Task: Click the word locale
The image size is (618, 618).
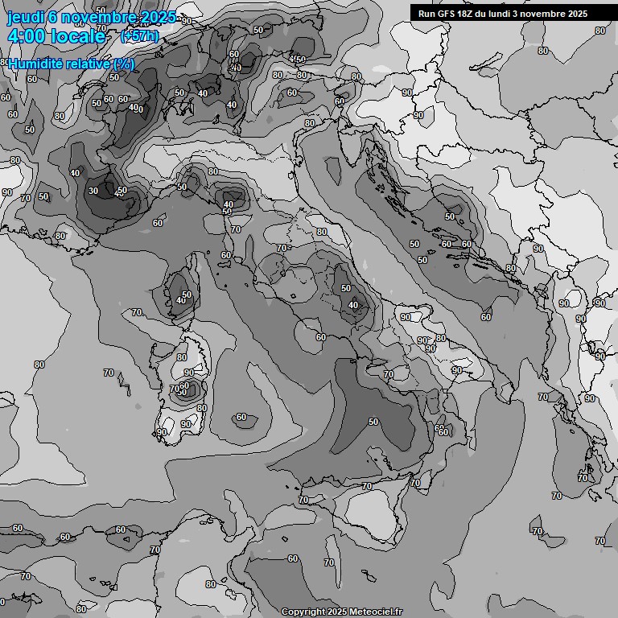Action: coord(80,36)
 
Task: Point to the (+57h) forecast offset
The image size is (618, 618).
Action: coord(138,36)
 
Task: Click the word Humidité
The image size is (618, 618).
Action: coord(35,64)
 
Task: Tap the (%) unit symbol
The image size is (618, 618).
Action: coord(124,64)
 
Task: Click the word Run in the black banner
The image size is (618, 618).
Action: coord(427,14)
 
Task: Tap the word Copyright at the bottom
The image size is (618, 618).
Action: coord(303,612)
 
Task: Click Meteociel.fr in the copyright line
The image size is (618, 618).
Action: coord(373,612)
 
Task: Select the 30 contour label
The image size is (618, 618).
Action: coord(93,191)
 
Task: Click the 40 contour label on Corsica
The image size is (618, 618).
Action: coord(180,300)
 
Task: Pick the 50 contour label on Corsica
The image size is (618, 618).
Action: coord(187,295)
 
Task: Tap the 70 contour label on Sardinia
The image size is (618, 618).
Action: coord(175,389)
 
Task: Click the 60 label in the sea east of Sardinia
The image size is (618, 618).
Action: coord(241,417)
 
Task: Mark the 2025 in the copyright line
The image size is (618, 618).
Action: coord(338,612)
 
